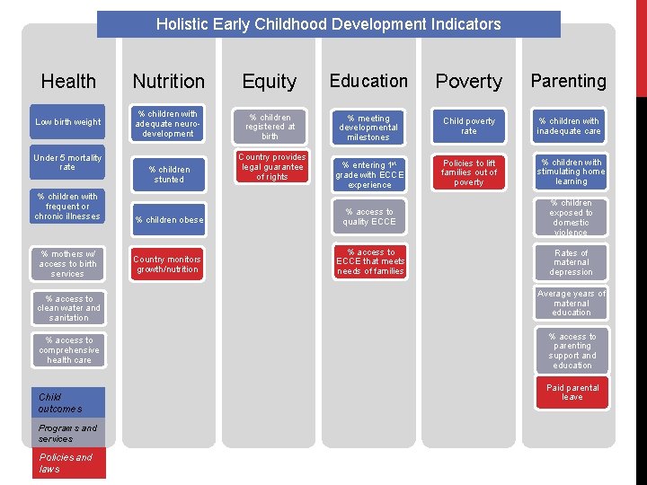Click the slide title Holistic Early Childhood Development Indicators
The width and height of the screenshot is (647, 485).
pos(328,24)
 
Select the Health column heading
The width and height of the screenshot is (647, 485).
pos(68,82)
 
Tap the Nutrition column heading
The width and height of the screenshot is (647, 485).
pos(169,82)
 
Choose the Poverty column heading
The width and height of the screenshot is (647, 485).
pos(468,82)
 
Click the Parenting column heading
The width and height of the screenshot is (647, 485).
pos(568,81)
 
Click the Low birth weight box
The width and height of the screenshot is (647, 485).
pos(68,122)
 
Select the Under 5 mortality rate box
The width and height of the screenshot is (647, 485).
pos(68,163)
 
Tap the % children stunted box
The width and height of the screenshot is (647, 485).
pos(169,174)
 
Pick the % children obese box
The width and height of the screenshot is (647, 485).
pos(169,220)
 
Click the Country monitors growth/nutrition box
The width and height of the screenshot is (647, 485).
pos(169,264)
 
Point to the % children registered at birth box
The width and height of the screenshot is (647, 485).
pos(270,127)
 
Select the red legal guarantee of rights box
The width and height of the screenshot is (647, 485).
pos(270,167)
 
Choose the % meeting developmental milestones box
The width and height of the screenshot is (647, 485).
pos(369,128)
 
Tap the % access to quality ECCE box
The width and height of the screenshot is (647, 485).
pos(369,216)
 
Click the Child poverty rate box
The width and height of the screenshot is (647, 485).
pos(469,127)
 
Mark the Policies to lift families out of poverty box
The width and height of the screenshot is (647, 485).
pos(469,172)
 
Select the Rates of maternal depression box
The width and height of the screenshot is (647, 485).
pos(572,262)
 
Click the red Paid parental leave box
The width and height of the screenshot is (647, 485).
pos(572,392)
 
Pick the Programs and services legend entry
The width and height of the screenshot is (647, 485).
pos(71,433)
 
